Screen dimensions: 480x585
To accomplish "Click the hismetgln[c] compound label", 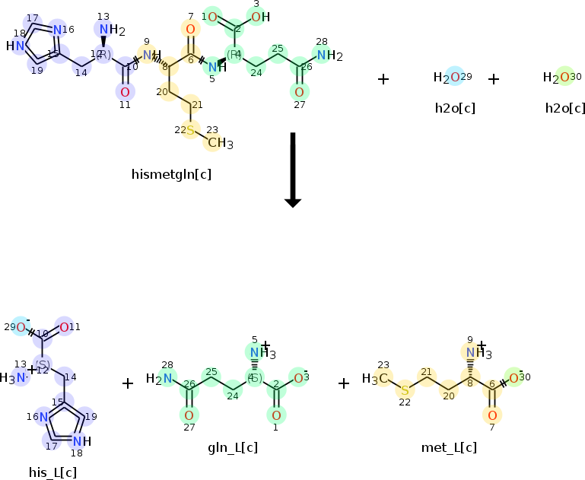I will (x=171, y=174).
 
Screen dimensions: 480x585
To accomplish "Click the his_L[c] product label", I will (x=52, y=472).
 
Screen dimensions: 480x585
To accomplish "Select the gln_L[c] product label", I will (x=234, y=447).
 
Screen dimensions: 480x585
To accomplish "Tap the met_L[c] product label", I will (x=449, y=447).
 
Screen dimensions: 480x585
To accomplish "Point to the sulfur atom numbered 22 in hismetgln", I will (x=190, y=130).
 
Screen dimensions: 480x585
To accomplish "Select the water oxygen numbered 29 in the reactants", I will (x=454, y=77).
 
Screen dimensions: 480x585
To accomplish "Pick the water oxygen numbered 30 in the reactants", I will (x=564, y=77).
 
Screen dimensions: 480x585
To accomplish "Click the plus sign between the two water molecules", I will (x=494, y=78).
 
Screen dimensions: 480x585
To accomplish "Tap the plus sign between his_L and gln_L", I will (x=128, y=383).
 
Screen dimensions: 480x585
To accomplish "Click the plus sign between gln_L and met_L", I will (x=344, y=383).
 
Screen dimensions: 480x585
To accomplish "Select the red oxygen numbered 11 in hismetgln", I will (x=125, y=92).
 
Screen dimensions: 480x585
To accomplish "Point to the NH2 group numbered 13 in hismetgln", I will (x=109, y=30).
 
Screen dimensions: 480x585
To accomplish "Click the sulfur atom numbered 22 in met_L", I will (x=405, y=390).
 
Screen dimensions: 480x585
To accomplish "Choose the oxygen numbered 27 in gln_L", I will (x=188, y=415).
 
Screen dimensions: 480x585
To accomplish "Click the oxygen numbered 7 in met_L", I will (x=491, y=415).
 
